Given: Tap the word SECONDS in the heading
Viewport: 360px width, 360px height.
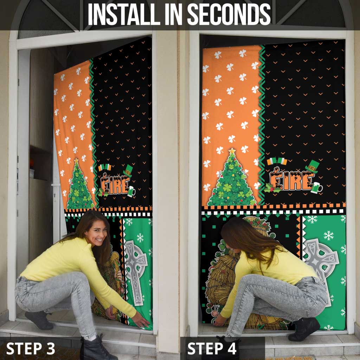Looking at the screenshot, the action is (229, 14).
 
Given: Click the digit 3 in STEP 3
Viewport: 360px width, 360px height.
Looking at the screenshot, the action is (51, 348).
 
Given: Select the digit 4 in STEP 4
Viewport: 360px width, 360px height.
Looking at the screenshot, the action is (231, 348).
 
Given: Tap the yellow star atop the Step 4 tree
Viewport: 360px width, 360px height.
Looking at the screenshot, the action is (232, 151).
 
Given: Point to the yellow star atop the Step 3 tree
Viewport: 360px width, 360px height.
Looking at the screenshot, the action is (76, 160).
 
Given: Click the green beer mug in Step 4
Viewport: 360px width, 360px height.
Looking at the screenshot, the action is (316, 188).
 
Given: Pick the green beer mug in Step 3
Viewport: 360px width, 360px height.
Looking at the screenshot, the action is (131, 191).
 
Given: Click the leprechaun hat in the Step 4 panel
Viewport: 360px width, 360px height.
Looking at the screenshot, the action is (312, 166).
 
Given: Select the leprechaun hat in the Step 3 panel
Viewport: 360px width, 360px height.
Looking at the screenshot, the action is (128, 171).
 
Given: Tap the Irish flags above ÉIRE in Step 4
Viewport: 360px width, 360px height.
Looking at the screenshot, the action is (277, 161).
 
